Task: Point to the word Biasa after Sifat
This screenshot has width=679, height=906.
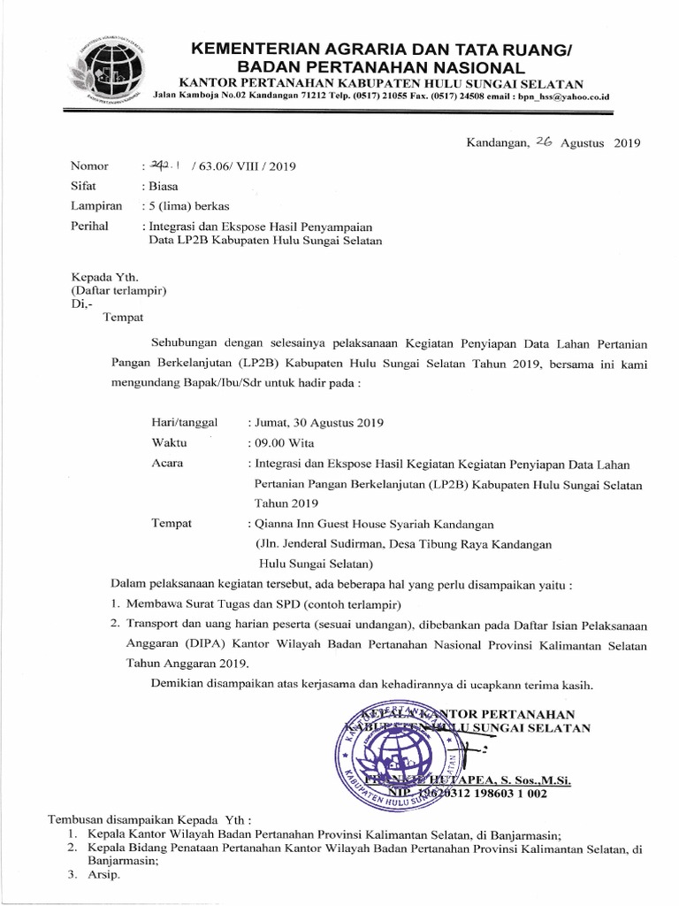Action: (x=162, y=187)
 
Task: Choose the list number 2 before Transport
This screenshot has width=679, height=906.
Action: (x=115, y=624)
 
